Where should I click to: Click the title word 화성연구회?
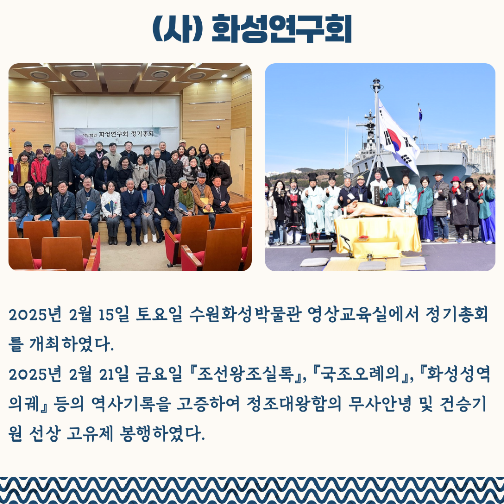click(282, 29)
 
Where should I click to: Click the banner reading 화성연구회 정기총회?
click(117, 135)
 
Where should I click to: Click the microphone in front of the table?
click(347, 245)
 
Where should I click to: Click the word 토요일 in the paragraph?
click(159, 314)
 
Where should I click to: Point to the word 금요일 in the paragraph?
click(159, 374)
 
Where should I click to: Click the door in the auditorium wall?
click(238, 161)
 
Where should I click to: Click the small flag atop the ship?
click(420, 114)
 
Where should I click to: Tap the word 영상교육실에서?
click(363, 314)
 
